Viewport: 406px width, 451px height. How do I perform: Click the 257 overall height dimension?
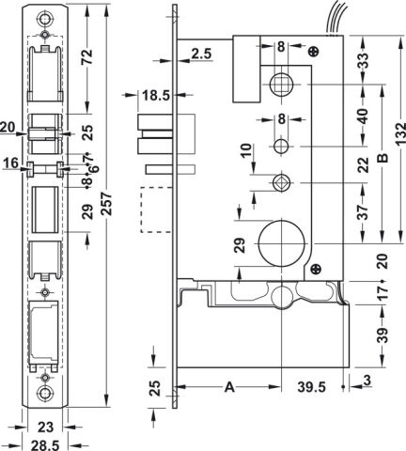click(107, 204)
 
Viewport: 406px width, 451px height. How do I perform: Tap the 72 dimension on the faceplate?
click(86, 56)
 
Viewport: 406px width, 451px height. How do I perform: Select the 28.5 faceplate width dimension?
click(45, 445)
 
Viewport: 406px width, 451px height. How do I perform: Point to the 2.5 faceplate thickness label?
click(201, 54)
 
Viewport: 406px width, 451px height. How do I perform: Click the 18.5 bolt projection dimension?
click(156, 95)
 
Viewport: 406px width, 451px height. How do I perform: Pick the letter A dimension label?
click(229, 387)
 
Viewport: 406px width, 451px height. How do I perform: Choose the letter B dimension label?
click(383, 159)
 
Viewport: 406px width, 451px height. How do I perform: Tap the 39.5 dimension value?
click(311, 387)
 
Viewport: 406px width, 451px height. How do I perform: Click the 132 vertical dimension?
click(400, 134)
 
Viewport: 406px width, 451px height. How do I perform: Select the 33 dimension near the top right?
click(363, 60)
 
